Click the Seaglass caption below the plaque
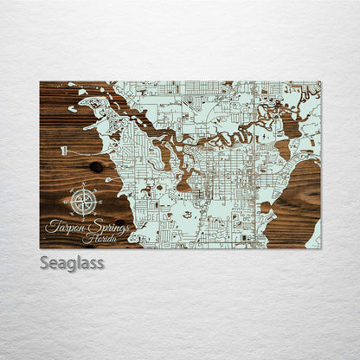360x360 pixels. click(72, 263)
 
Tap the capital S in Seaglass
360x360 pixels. click(45, 262)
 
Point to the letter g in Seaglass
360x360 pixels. click(70, 265)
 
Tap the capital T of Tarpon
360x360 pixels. click(49, 226)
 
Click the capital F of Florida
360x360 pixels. click(84, 238)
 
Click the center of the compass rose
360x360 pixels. click(84, 202)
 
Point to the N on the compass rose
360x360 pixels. click(84, 186)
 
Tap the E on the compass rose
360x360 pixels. click(100, 202)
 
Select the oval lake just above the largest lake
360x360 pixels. click(290, 125)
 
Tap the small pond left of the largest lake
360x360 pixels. click(265, 208)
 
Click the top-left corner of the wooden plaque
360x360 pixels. click(40, 81)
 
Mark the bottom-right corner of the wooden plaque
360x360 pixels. click(321, 248)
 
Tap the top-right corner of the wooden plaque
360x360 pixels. click(321, 81)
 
